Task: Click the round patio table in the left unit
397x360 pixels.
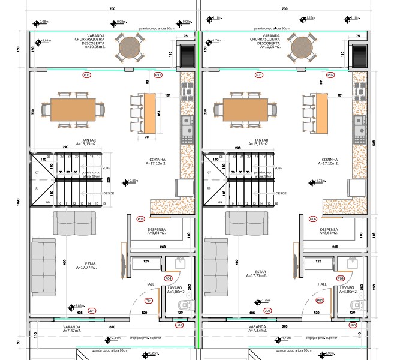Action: point(129,47)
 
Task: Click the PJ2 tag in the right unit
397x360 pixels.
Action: point(330,76)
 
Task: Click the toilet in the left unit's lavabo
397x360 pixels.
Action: point(184,307)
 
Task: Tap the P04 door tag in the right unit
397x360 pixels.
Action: point(341,278)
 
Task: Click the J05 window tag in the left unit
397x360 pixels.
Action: point(179,325)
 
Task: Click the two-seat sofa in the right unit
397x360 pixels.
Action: point(246,223)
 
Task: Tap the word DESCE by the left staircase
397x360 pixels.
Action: point(109,193)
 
